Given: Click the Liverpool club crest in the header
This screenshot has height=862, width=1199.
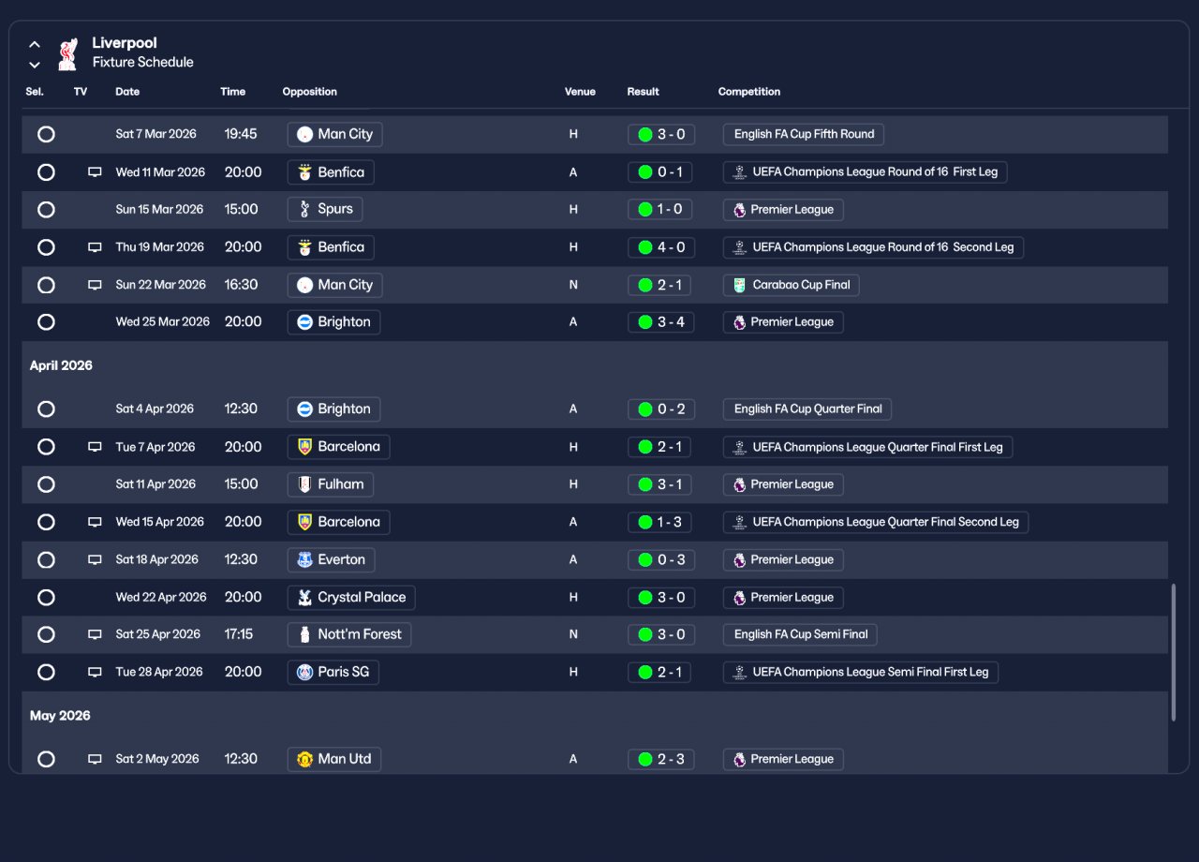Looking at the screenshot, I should [x=67, y=53].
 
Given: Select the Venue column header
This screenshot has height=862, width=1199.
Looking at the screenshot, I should [x=580, y=92].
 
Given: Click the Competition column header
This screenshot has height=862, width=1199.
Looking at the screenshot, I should [x=748, y=92].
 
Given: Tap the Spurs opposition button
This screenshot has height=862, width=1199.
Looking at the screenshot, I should [x=325, y=209].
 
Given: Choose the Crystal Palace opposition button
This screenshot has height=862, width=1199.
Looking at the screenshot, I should [x=351, y=597].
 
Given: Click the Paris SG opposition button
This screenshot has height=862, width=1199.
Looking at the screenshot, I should [x=333, y=672].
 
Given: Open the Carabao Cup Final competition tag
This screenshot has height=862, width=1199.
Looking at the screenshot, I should [x=791, y=285].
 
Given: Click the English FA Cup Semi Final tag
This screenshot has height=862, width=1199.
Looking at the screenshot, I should [x=800, y=634].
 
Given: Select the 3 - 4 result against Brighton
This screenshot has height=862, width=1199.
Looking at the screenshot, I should [x=660, y=322].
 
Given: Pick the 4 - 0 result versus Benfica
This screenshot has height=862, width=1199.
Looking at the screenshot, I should [x=660, y=247].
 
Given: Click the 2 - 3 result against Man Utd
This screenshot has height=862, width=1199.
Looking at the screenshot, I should [x=660, y=759].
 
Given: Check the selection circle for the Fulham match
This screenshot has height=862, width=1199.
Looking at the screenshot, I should [x=46, y=484].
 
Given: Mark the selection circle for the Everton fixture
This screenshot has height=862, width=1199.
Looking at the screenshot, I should [x=46, y=559].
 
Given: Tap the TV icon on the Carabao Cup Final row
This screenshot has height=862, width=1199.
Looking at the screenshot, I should [x=95, y=285].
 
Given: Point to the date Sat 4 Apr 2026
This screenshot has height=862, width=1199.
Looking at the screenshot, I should [x=155, y=409].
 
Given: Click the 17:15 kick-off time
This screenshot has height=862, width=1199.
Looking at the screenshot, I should [x=239, y=634].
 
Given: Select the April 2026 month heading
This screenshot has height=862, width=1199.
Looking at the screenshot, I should [x=61, y=365].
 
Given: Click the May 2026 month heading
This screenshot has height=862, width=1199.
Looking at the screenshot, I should [x=60, y=716].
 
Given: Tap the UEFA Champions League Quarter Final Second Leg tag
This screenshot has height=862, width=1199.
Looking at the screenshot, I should [x=875, y=522].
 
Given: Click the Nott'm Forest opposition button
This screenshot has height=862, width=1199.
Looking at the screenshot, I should [x=348, y=634].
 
